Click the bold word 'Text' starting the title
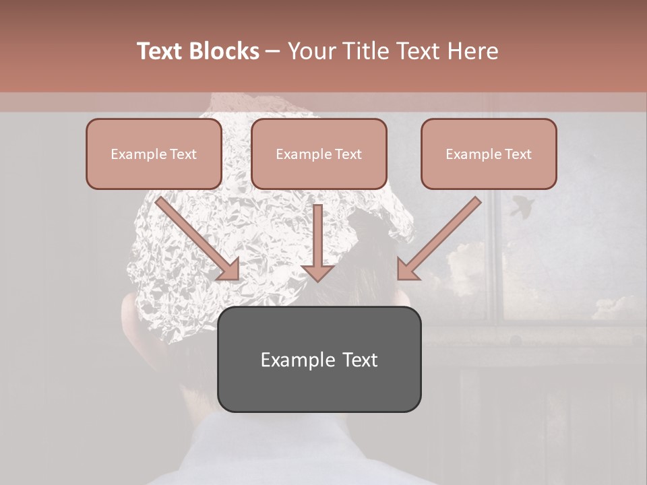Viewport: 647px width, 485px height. coord(160,51)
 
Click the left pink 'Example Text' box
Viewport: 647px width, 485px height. coord(154,154)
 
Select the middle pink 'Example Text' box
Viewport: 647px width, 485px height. coord(319,154)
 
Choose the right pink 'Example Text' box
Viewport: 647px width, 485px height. coord(489,154)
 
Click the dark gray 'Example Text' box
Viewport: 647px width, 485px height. coord(319,360)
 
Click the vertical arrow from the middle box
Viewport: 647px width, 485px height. coord(317,239)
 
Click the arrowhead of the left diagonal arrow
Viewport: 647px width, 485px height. coord(229,269)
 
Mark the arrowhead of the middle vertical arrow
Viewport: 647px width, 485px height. coord(317,271)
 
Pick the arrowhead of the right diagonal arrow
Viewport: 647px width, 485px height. coord(407,269)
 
